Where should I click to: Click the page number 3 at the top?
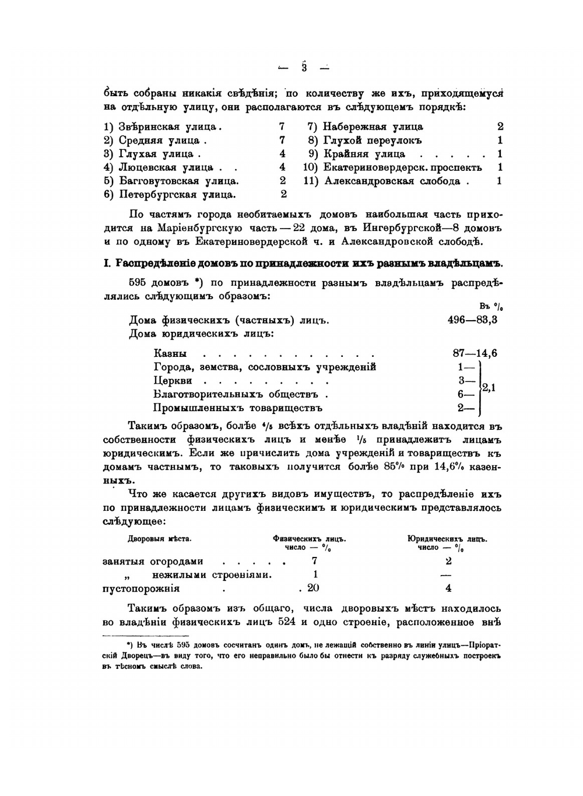tap(304, 67)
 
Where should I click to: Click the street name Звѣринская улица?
tap(170, 127)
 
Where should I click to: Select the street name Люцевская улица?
tap(166, 167)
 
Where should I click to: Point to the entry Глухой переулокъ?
tap(373, 140)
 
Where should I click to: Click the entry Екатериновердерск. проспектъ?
tap(403, 167)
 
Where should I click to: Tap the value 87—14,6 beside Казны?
tap(475, 353)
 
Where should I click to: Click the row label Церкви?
tap(173, 381)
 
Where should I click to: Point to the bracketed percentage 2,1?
tap(489, 387)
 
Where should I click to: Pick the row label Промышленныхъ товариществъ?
tap(238, 408)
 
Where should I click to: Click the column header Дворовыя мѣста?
tap(159, 539)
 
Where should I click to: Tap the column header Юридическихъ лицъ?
tap(447, 539)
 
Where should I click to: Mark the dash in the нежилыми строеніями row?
tap(448, 575)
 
